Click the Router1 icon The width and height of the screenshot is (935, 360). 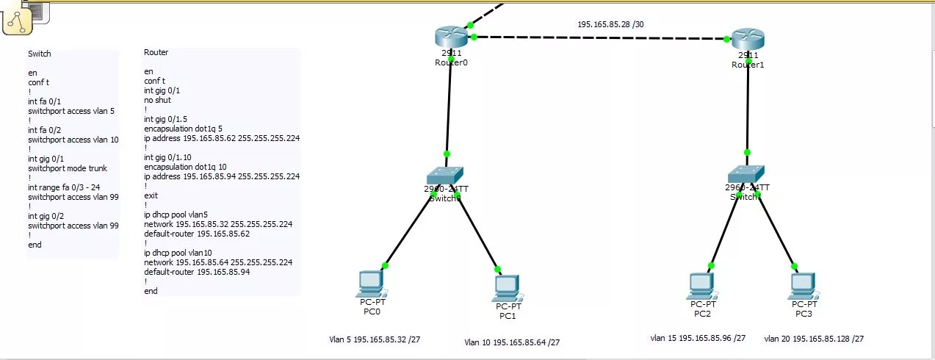tap(748, 40)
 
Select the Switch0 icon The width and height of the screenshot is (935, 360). tap(446, 175)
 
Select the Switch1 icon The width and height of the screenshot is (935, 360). tap(747, 173)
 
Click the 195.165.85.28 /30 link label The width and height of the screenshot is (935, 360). tap(610, 24)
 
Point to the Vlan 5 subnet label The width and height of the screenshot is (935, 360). tap(375, 339)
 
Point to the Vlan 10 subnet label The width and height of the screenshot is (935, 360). tap(512, 342)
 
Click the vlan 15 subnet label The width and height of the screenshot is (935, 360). tap(698, 338)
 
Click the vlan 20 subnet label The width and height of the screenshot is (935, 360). tap(814, 339)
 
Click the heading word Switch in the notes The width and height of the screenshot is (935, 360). tap(40, 54)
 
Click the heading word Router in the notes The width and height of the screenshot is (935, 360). tap(156, 52)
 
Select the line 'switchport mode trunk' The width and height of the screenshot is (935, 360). tap(68, 168)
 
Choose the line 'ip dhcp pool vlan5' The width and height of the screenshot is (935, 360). tap(176, 215)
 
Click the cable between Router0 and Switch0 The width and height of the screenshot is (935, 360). tap(449, 107)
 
